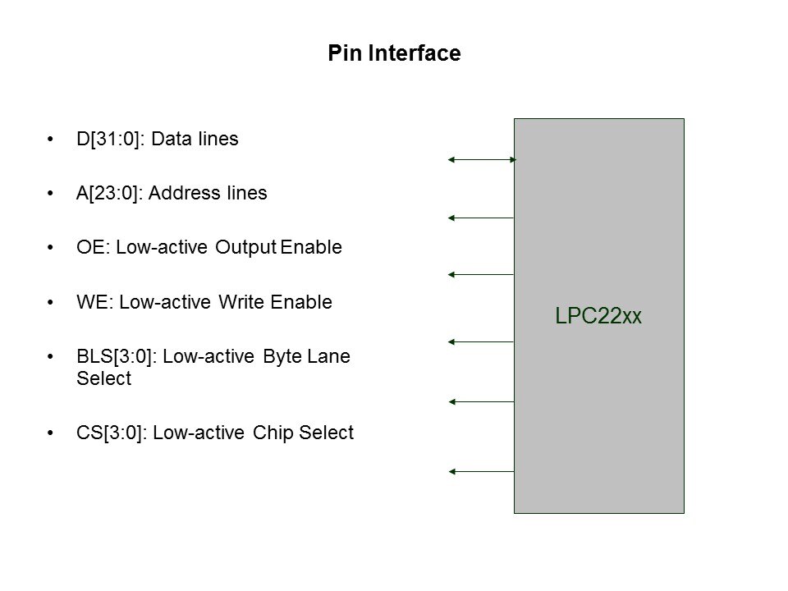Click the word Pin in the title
point(342,54)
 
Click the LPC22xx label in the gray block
point(598,316)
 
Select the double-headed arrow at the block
point(481,160)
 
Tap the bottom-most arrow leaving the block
point(481,472)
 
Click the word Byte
point(282,357)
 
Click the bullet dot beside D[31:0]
point(53,140)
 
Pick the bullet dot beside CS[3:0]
point(53,433)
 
